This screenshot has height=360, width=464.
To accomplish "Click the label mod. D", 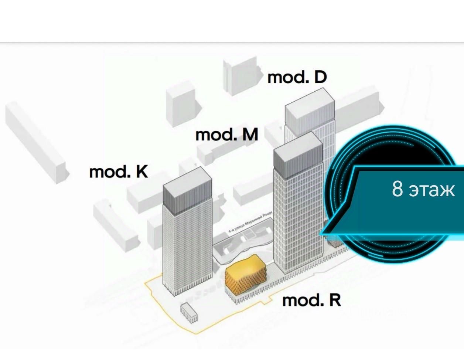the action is point(297,78).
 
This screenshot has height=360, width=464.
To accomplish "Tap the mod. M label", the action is point(226,135).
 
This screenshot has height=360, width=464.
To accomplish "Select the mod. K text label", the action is point(118,172).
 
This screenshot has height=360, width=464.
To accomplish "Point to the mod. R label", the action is point(311,300).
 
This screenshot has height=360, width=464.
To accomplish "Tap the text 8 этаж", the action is point(423,190).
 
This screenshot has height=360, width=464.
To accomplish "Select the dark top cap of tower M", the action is point(297,157).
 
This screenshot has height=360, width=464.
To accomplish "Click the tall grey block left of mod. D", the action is point(241,76).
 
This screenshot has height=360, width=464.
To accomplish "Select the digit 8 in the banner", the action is point(397,189).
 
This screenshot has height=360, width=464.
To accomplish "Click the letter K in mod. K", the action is point(142,172).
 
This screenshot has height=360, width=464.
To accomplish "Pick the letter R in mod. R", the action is point(334,300).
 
